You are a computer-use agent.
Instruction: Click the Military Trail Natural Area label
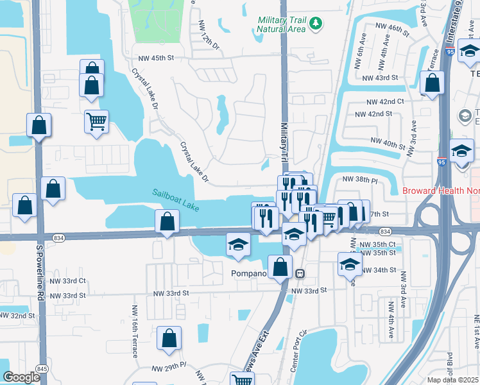281,25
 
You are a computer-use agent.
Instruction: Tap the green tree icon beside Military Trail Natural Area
315,24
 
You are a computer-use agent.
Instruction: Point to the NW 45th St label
153,58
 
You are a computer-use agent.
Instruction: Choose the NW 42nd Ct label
385,102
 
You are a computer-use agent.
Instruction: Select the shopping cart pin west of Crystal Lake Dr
96,121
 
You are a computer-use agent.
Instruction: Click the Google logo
22,377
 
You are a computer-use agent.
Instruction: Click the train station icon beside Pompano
300,273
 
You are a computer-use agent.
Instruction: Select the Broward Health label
440,191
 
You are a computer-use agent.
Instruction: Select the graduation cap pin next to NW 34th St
349,264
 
